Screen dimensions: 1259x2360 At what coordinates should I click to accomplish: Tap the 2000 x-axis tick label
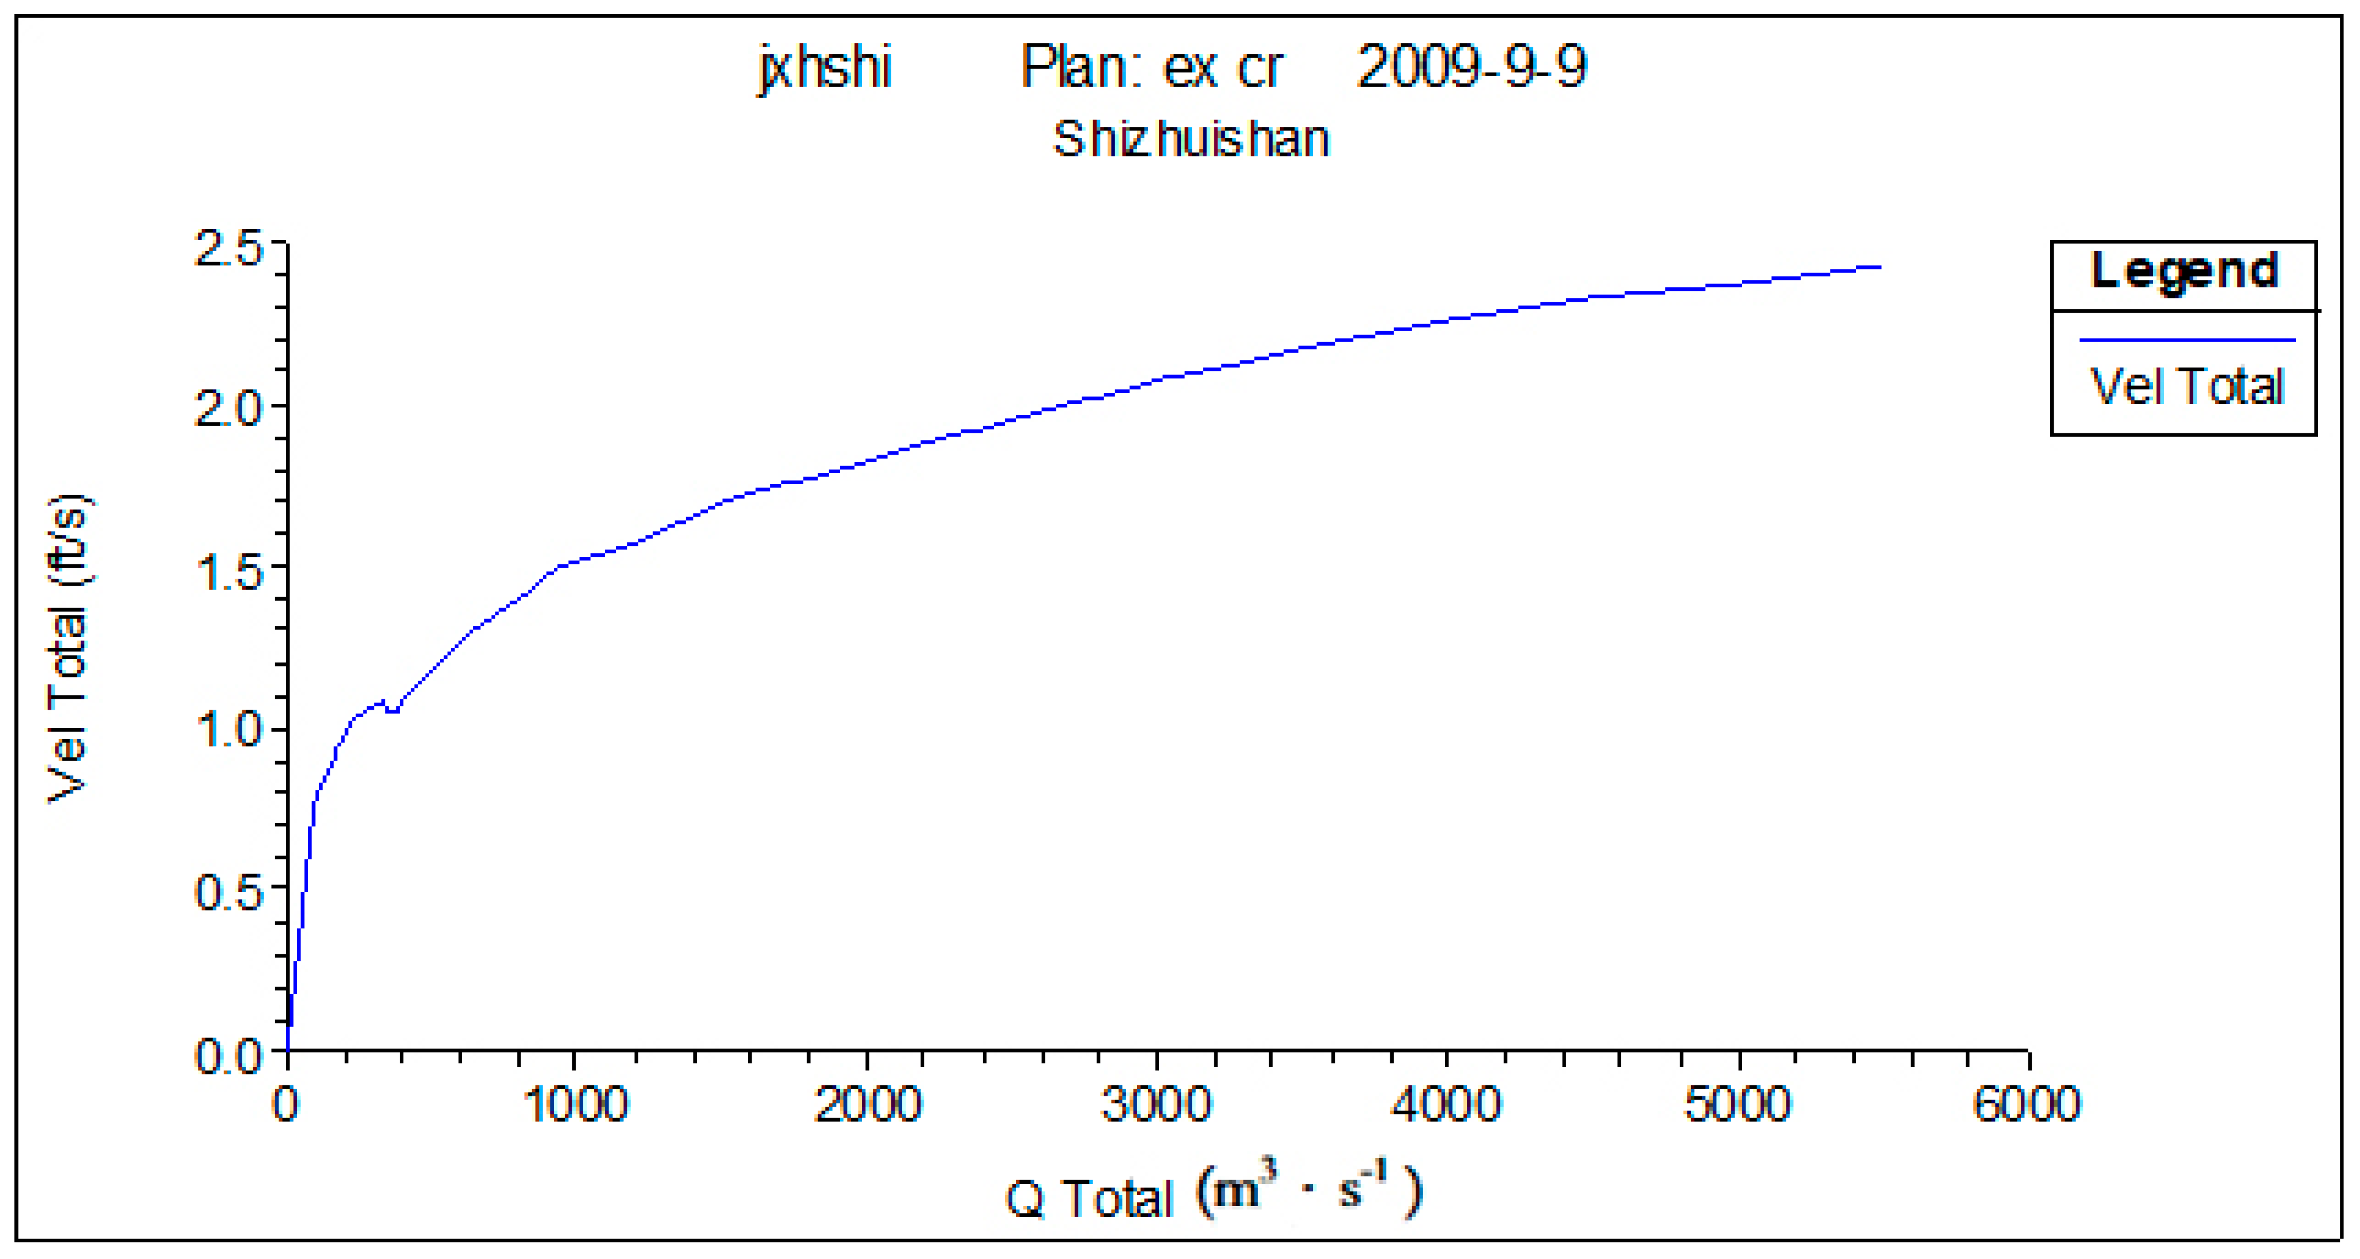click(866, 1104)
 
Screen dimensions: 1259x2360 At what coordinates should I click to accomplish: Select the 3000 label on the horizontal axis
click(1157, 1104)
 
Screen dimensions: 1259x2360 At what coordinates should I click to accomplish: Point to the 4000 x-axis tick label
click(1447, 1104)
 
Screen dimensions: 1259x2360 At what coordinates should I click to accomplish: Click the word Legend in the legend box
click(2184, 271)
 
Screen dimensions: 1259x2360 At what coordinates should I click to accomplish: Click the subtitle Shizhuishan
click(1191, 139)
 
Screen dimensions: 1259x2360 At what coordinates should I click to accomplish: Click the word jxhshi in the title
click(824, 69)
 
